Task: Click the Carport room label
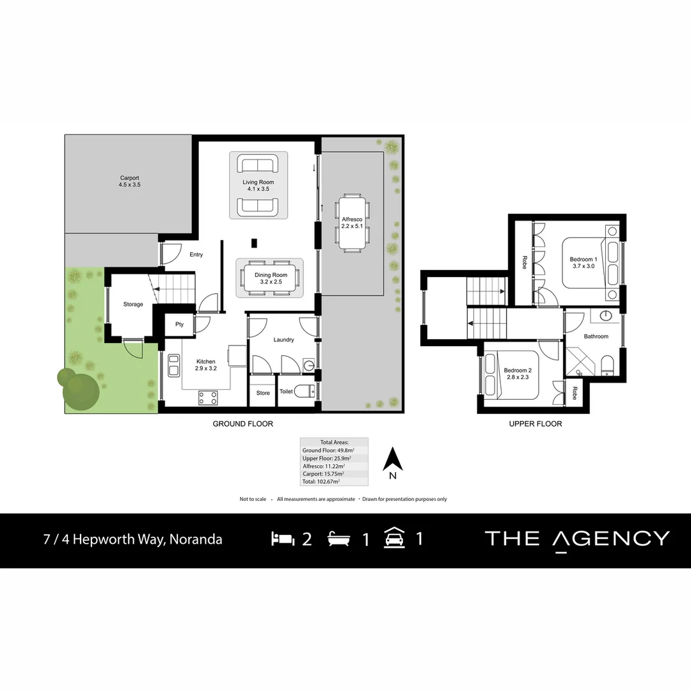pos(129,181)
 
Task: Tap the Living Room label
pos(258,186)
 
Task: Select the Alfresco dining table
pos(352,222)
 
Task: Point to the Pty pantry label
pos(179,324)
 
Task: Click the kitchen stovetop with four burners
pos(208,397)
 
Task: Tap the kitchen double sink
pos(172,367)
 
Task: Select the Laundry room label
pos(283,340)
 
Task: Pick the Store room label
pos(263,393)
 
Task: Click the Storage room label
pos(133,304)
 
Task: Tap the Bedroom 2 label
pos(517,374)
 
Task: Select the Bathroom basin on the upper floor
pos(605,317)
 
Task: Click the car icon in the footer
pos(393,539)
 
